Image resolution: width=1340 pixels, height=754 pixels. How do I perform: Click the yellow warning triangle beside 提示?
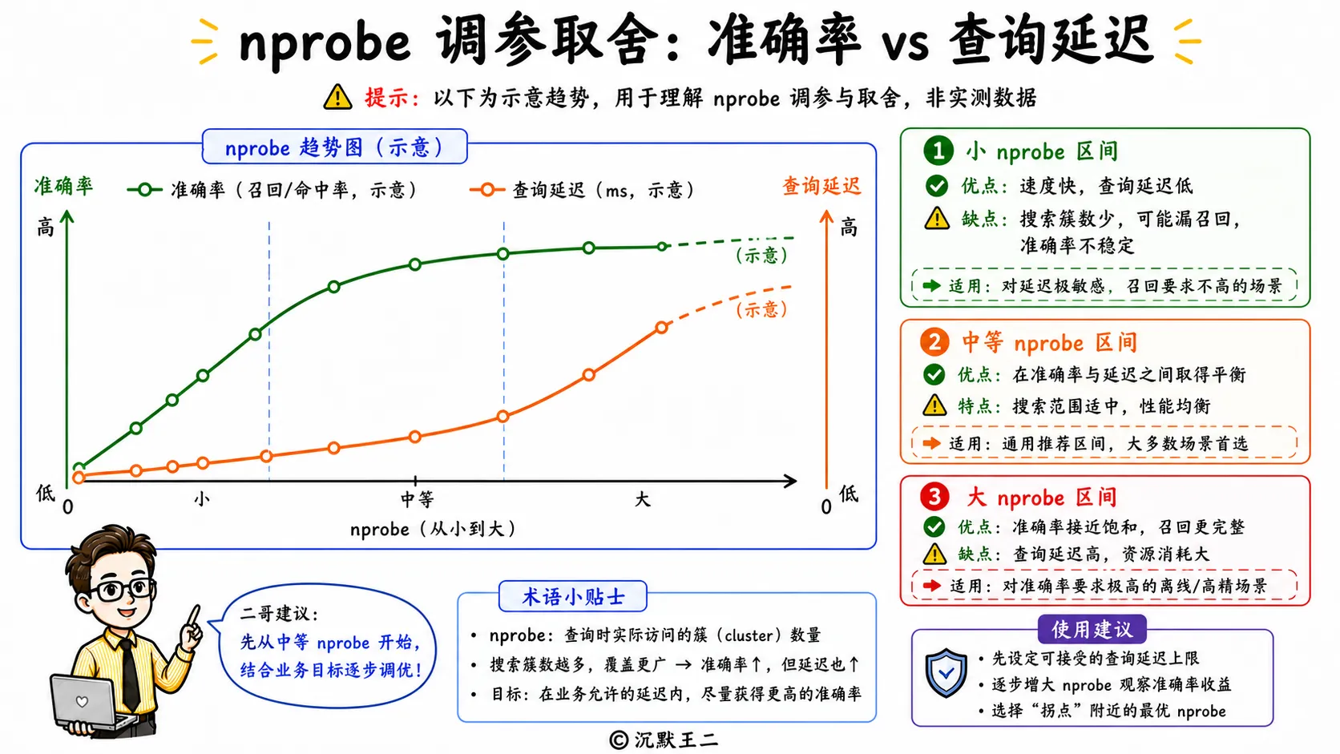[x=337, y=97]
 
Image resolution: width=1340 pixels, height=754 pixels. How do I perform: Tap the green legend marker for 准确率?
[x=144, y=190]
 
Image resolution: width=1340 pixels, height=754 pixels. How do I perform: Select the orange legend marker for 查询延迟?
[x=487, y=190]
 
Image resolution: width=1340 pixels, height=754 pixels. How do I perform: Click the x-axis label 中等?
[x=417, y=499]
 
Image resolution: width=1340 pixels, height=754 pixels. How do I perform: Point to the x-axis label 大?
[x=643, y=498]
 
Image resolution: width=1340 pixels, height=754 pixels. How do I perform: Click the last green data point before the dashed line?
[x=662, y=246]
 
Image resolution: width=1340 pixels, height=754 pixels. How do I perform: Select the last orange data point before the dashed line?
[x=662, y=327]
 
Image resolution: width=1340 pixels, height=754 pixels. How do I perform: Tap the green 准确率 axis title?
[x=63, y=186]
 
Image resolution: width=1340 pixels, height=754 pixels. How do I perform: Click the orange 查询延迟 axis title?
[x=821, y=186]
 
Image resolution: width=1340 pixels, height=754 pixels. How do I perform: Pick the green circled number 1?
[x=938, y=151]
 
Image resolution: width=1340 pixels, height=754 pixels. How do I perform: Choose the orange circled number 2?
[x=934, y=343]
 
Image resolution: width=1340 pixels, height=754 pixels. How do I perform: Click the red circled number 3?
[x=934, y=496]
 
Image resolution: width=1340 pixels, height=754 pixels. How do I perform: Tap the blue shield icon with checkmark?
[x=946, y=673]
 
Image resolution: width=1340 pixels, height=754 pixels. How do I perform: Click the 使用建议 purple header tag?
[x=1092, y=629]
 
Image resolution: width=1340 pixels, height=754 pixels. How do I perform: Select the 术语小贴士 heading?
[x=573, y=596]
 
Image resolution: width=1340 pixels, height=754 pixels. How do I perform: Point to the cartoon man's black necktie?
[x=128, y=673]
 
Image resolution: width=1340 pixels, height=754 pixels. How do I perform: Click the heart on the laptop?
[x=82, y=701]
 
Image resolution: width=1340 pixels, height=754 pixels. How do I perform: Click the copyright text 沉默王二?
[x=676, y=740]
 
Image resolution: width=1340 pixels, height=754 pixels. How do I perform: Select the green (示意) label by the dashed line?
[x=761, y=256]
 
